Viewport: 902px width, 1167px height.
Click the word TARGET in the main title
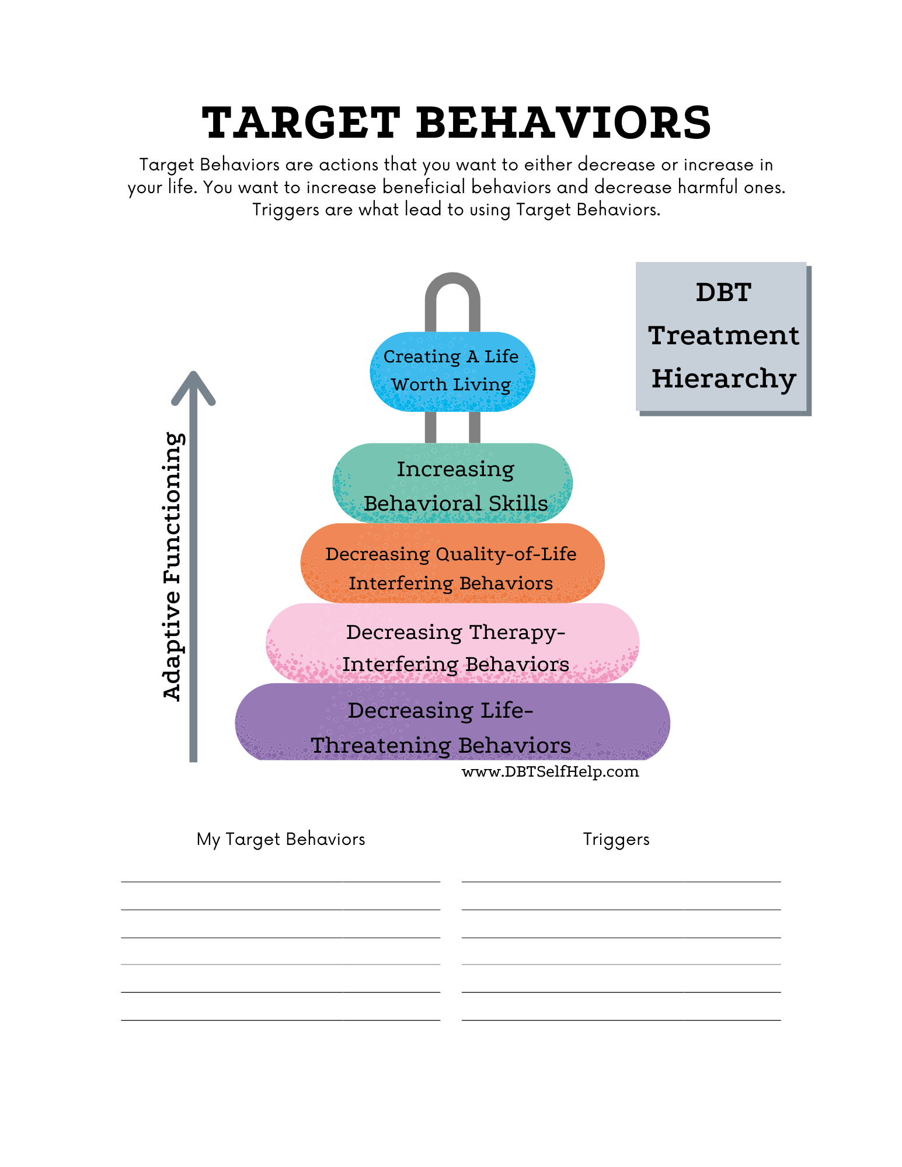[x=300, y=123]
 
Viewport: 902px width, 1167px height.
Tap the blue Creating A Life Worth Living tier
[x=452, y=372]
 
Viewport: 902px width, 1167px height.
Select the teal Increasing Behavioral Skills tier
[x=452, y=485]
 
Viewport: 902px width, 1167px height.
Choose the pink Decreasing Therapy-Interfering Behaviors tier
[x=452, y=645]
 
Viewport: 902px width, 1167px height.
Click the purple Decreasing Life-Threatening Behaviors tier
[x=452, y=726]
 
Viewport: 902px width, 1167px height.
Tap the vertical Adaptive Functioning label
[x=173, y=566]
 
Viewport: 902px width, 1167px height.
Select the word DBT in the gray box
[x=723, y=292]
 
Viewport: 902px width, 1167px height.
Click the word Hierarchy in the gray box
[x=723, y=379]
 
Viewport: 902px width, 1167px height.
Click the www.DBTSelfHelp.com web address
[x=550, y=772]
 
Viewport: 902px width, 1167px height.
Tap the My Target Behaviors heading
[x=280, y=839]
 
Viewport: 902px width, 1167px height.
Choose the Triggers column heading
[x=616, y=840]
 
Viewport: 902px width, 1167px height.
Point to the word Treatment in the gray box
[x=723, y=336]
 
